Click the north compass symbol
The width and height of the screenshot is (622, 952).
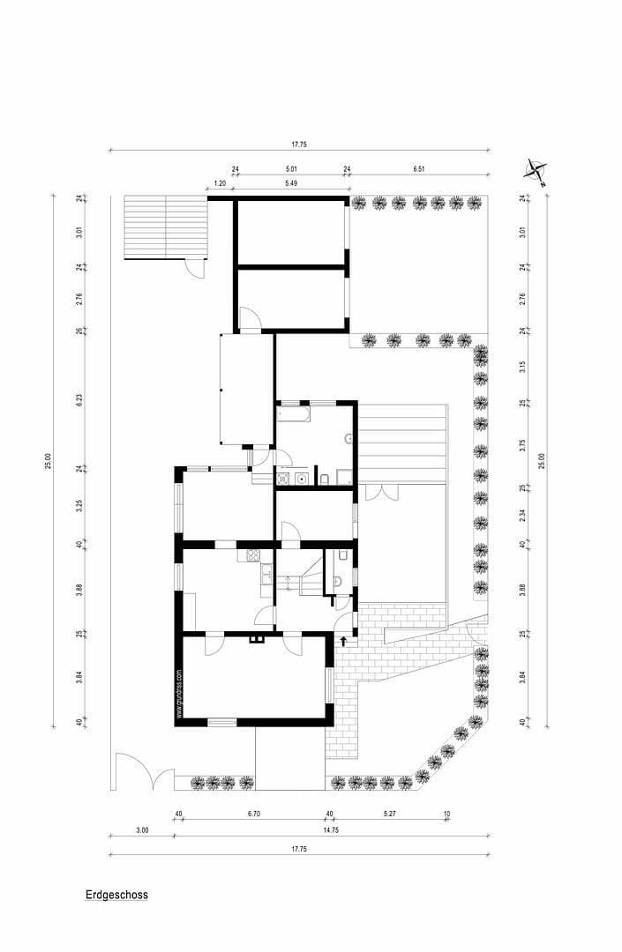[536, 170]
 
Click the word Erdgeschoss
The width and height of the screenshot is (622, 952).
[116, 895]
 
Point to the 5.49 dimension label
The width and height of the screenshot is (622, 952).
[290, 183]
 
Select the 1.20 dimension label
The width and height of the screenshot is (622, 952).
[221, 183]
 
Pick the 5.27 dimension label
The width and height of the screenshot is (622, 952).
[388, 814]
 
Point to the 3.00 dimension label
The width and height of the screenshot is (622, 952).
[141, 829]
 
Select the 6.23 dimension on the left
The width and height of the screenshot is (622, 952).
[79, 398]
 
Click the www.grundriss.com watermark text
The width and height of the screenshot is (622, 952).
[179, 694]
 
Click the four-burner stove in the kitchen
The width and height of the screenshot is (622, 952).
[251, 555]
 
